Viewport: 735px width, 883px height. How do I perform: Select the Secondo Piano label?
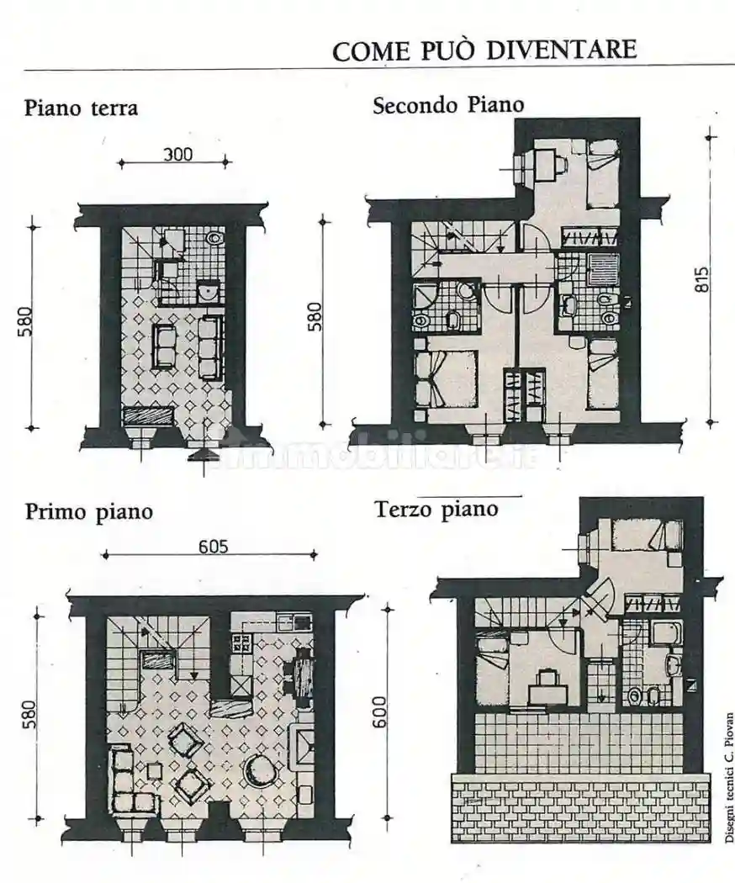click(x=448, y=105)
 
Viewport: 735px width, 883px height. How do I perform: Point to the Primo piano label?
click(x=88, y=510)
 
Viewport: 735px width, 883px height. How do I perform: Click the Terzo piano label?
click(x=436, y=509)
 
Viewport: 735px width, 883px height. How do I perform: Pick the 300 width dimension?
click(x=177, y=154)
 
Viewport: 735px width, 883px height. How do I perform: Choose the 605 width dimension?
click(x=214, y=546)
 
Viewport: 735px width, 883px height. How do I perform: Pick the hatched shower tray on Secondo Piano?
click(x=603, y=268)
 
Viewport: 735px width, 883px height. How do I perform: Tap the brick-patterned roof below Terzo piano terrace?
click(x=580, y=806)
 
